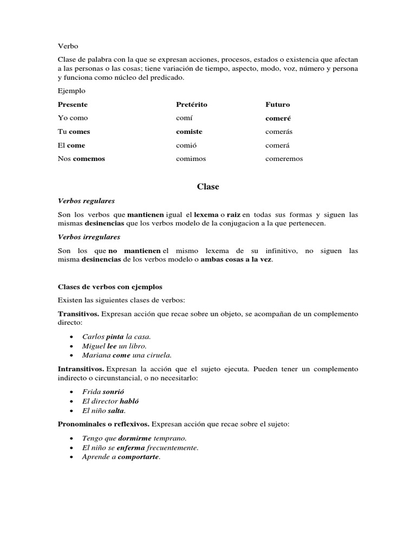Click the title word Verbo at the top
68,46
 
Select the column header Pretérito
191,104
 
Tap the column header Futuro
277,104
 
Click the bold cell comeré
278,118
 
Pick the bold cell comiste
189,132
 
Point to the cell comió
186,145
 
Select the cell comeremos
284,159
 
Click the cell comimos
191,159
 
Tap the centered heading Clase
208,186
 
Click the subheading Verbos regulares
86,201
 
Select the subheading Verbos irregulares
89,237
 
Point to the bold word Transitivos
79,314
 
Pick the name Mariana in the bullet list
96,356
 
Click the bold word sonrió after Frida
114,391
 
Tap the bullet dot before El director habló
71,402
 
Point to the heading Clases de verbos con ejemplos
110,287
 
